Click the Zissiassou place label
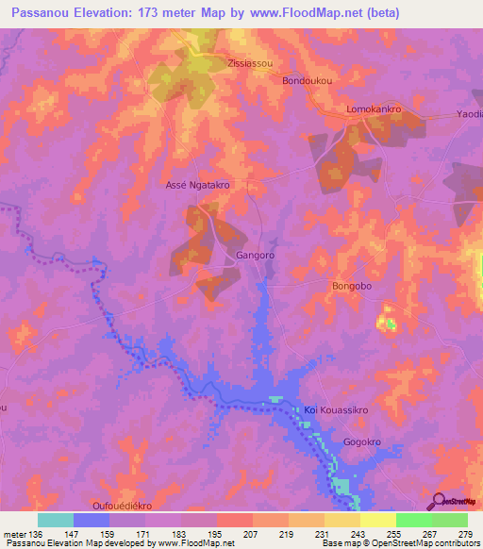point(250,64)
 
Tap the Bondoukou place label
point(308,81)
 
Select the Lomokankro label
point(375,109)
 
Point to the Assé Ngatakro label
point(198,186)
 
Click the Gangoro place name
point(254,256)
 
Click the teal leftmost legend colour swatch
point(56,520)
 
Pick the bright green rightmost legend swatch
point(450,520)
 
